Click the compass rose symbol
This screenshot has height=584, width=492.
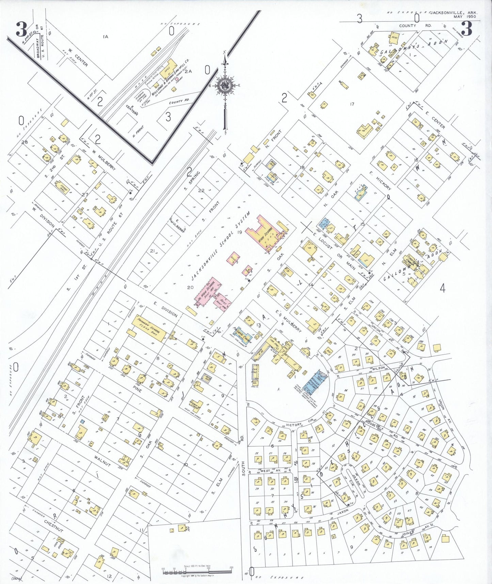point(225,85)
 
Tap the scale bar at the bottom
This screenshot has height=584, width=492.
point(197,570)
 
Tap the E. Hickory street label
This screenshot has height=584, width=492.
point(380,181)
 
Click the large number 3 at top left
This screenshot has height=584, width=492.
point(21,30)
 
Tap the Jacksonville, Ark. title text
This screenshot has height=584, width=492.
point(453,13)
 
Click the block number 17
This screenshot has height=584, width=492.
point(352,104)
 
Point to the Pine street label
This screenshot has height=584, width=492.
point(137,388)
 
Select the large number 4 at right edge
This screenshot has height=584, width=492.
point(442,289)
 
